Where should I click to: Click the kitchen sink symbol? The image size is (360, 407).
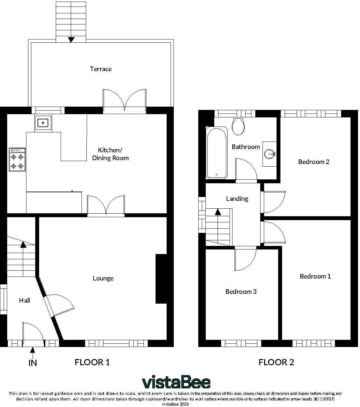(43, 123)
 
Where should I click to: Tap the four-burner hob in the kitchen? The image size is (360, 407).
(17, 160)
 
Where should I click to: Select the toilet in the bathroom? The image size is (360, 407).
(238, 127)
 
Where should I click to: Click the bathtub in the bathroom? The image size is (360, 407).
(217, 153)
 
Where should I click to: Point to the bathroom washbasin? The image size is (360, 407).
(270, 154)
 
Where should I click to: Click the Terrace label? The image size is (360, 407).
(101, 69)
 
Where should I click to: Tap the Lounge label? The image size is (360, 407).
(103, 278)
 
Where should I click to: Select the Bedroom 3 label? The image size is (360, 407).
(241, 292)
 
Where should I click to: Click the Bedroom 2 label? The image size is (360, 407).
(314, 162)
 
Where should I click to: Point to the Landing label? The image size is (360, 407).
(237, 199)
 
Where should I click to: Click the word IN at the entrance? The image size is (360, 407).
(33, 363)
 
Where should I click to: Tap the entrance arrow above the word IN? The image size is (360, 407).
(33, 351)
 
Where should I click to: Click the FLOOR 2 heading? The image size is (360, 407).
(276, 362)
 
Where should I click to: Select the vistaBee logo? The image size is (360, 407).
(176, 382)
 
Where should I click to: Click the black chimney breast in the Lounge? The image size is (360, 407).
(161, 279)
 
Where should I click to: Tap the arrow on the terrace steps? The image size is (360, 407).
(71, 40)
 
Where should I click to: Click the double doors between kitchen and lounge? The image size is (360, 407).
(106, 205)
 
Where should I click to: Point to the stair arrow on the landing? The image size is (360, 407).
(218, 212)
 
